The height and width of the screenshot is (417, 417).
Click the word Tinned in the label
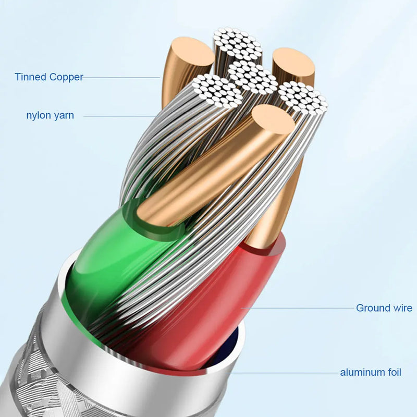(30, 77)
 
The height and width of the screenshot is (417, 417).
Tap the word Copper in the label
(66, 77)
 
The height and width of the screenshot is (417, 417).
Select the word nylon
(39, 115)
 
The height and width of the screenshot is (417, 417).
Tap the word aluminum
(362, 372)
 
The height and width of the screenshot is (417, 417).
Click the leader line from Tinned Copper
(121, 78)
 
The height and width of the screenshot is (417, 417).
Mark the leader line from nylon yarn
(120, 116)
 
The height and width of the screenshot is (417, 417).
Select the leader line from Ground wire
(298, 308)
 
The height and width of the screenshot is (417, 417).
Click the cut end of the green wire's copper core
(273, 119)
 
